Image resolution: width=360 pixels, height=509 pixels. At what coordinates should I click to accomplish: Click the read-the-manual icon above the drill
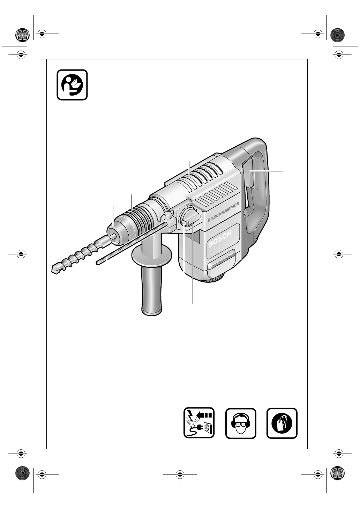[x=72, y=85]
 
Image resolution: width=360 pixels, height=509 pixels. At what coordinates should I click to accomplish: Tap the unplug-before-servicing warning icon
[x=199, y=423]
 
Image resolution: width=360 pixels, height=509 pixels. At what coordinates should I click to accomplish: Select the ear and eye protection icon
[x=241, y=423]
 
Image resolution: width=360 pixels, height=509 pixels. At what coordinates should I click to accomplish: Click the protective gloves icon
[x=282, y=423]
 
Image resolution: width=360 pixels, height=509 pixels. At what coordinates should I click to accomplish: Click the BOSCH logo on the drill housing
[x=219, y=239]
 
